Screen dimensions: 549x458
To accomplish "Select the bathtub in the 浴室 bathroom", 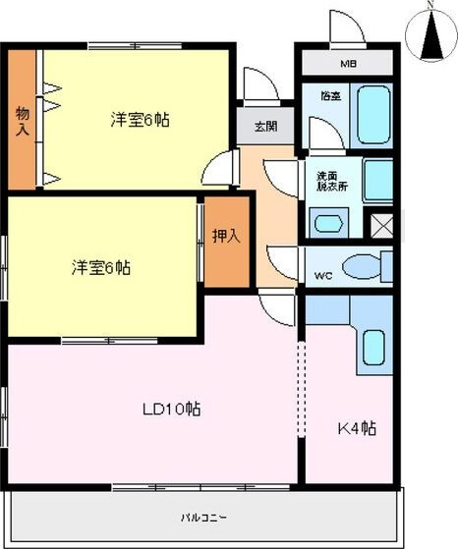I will pyautogui.click(x=375, y=116).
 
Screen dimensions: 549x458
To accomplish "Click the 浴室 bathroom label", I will pyautogui.click(x=331, y=95).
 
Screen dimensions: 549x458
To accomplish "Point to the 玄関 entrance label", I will pyautogui.click(x=265, y=125).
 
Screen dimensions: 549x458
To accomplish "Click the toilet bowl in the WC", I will pyautogui.click(x=366, y=265).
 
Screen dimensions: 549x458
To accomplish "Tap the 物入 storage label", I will pyautogui.click(x=22, y=119).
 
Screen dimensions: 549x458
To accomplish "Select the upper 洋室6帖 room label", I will pyautogui.click(x=139, y=120).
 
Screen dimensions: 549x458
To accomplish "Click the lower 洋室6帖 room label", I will pyautogui.click(x=101, y=267).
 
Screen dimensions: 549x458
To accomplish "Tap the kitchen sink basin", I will pyautogui.click(x=373, y=348).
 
